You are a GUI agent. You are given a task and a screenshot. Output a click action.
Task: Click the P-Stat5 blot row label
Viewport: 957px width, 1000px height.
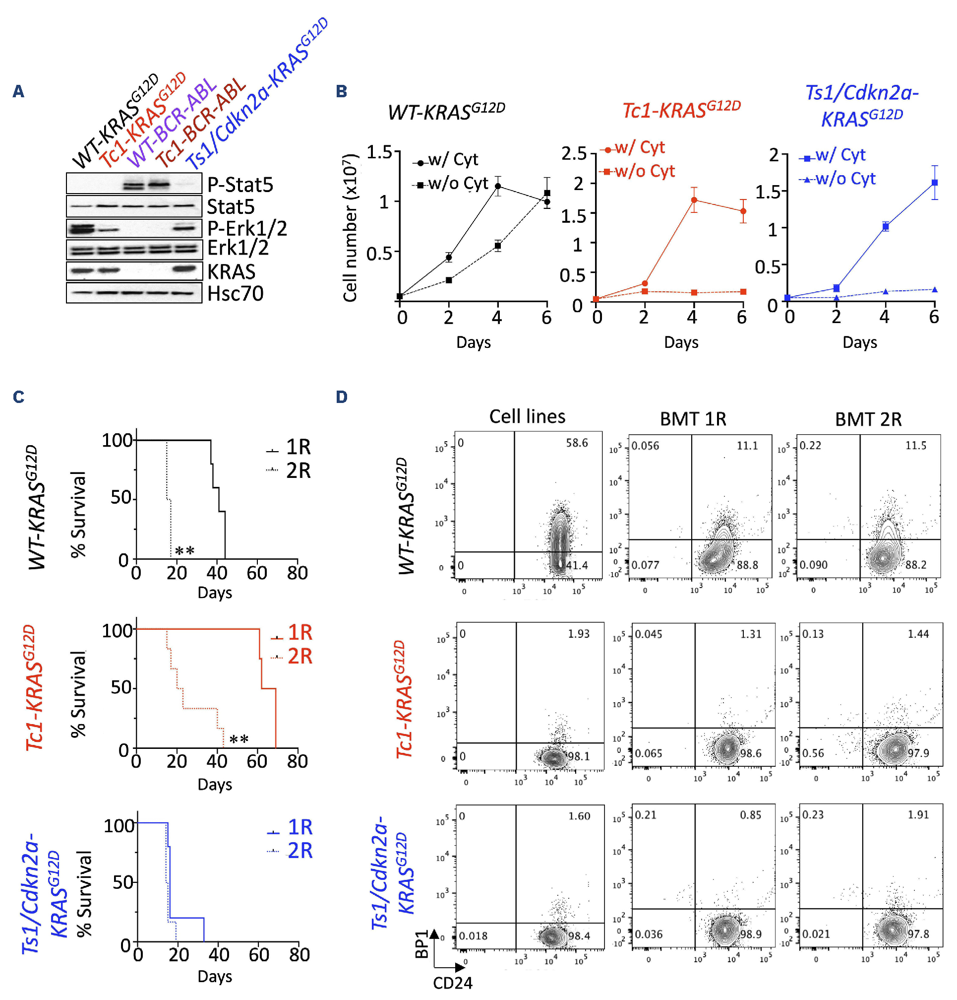(239, 184)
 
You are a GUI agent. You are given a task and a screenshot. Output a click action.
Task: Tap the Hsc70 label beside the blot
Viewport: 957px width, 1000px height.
(235, 293)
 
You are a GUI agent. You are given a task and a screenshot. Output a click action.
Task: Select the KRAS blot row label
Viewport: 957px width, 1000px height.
(231, 271)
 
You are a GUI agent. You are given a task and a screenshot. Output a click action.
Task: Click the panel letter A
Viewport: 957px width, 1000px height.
(18, 91)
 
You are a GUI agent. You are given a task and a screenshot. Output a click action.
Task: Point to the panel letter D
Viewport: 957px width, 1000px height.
(341, 397)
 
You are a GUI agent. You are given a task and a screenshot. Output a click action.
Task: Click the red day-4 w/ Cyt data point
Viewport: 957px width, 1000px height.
(694, 200)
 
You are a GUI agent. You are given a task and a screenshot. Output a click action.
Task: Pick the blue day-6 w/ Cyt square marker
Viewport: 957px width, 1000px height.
(935, 182)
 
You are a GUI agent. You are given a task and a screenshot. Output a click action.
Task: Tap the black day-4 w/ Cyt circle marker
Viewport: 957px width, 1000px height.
(498, 186)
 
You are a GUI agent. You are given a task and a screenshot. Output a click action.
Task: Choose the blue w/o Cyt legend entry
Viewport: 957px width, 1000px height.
(839, 179)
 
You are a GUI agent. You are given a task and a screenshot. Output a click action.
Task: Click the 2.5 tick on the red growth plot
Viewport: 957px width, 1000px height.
(574, 153)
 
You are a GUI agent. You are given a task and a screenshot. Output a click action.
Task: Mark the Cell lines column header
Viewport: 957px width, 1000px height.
(527, 416)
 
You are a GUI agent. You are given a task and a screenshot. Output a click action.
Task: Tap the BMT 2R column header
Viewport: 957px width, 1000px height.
(868, 419)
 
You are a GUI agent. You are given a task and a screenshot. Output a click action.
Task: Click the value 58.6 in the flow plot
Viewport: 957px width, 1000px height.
(577, 443)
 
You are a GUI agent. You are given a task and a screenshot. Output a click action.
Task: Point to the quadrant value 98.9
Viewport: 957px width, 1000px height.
(751, 933)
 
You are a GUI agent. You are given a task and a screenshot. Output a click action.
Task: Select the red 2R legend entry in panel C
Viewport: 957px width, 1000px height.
(293, 656)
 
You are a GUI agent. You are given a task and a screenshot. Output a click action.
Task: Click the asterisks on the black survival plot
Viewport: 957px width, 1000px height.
(184, 551)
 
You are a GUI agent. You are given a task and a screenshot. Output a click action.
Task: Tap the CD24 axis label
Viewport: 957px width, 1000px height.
(452, 983)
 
